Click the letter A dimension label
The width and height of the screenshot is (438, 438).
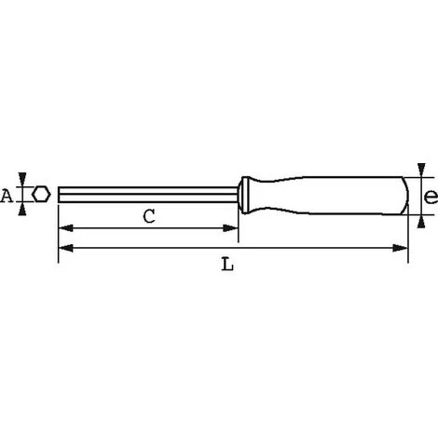click(7, 195)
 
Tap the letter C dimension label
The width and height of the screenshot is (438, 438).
click(149, 216)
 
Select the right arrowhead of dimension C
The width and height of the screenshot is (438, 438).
click(233, 229)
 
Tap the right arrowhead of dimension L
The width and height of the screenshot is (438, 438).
click(403, 248)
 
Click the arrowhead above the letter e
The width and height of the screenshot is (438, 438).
click(421, 171)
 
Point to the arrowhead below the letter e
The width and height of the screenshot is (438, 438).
click(421, 221)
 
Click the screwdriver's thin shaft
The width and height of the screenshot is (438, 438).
click(149, 195)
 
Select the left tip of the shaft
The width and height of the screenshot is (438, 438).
click(60, 195)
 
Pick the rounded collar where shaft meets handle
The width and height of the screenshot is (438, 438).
click(244, 194)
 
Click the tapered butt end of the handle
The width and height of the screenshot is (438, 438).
click(404, 195)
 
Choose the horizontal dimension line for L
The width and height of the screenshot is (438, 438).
click(233, 248)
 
